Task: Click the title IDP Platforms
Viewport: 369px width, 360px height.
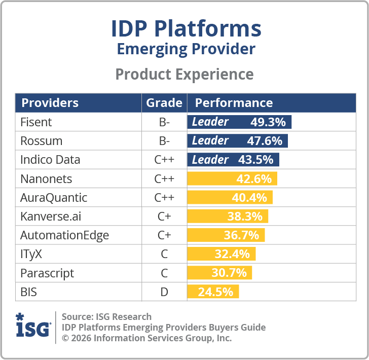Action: coord(186,29)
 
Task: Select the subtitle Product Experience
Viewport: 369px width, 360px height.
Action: coord(184,74)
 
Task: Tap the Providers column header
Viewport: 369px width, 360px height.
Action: coord(50,103)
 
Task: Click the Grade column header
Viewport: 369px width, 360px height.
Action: coord(164,103)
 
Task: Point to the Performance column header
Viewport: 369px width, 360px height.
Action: coord(234,103)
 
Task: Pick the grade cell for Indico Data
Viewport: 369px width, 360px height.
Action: coord(164,160)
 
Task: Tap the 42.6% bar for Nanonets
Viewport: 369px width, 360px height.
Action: coord(232,179)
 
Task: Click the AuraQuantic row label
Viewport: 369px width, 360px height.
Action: coord(54,198)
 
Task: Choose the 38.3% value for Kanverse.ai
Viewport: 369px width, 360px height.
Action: coord(245,217)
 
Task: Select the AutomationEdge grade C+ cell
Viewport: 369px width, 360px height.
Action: coord(164,235)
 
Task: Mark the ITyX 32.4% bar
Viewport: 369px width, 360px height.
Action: coord(222,254)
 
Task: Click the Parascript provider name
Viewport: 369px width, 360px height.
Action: coord(47,273)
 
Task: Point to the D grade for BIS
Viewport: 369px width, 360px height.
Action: coord(164,292)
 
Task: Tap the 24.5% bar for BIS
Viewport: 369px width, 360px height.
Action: coord(213,292)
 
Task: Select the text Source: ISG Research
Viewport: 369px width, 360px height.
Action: coord(106,317)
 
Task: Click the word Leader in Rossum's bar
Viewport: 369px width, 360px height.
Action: coord(210,140)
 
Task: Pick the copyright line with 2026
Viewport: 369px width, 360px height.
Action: coord(147,338)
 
